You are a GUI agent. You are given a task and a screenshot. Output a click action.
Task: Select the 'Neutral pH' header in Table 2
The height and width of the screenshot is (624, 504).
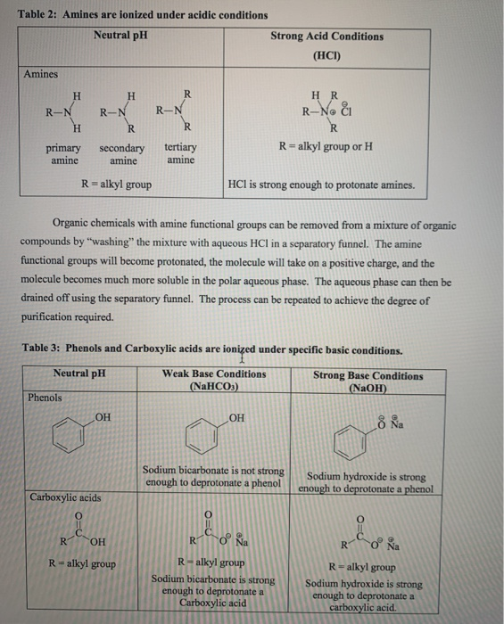pyautogui.click(x=120, y=36)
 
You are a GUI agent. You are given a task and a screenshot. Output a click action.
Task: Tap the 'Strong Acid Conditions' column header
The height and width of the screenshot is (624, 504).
pyautogui.click(x=326, y=37)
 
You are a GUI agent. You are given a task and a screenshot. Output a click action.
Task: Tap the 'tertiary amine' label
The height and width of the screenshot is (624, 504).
pyautogui.click(x=181, y=154)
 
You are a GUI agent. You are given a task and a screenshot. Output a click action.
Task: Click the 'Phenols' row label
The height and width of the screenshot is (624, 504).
pyautogui.click(x=45, y=398)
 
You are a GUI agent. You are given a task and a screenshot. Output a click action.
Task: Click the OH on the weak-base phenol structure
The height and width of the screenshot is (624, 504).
pyautogui.click(x=237, y=415)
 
